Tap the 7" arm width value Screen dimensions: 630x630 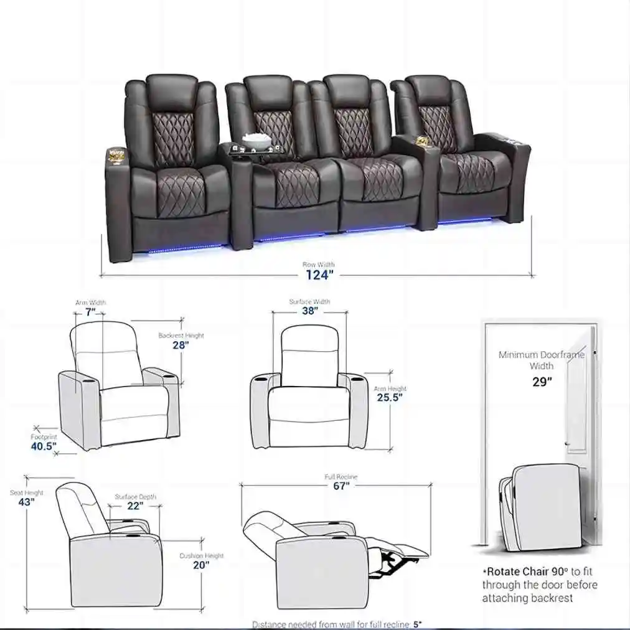tap(91, 313)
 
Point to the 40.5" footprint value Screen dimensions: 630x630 tap(44, 446)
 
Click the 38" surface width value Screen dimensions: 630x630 tap(309, 311)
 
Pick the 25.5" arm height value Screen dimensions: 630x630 tap(390, 398)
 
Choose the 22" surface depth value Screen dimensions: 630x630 tap(134, 507)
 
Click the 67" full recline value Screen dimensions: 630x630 tap(341, 486)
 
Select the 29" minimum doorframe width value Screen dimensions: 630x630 tap(542, 382)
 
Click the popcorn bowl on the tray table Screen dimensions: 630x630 tap(253, 140)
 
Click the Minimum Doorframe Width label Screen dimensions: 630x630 tap(542, 360)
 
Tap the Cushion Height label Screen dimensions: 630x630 tap(201, 555)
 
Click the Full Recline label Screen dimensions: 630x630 tap(341, 477)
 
